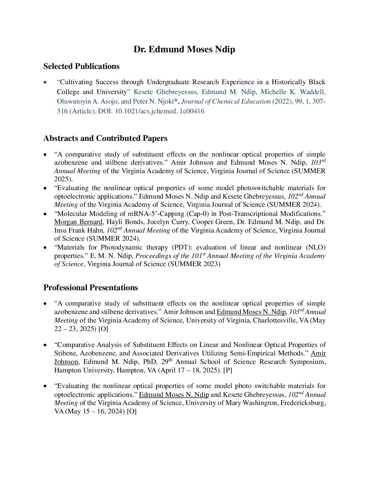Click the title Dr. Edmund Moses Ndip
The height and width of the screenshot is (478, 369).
(184, 50)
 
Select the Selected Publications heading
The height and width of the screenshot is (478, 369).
(81, 66)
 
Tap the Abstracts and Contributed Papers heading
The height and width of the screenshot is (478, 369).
(105, 138)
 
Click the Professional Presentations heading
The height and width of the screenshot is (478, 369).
(91, 288)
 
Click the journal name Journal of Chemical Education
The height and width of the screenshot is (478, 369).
(226, 102)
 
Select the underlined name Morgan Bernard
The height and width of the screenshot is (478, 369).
(78, 222)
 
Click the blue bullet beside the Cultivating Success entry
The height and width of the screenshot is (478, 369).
(45, 82)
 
